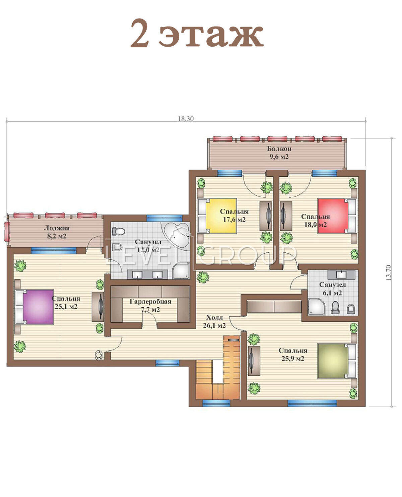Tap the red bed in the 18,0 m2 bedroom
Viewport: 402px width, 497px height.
[337, 215]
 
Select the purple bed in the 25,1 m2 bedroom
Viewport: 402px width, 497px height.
[35, 307]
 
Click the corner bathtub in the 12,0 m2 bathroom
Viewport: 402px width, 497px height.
[176, 236]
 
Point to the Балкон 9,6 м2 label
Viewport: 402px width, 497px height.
[279, 152]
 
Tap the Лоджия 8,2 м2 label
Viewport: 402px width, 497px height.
[57, 232]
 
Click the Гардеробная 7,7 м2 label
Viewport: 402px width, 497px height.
[150, 305]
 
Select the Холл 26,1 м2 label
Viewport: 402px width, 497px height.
[214, 321]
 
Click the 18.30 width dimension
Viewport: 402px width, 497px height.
[186, 119]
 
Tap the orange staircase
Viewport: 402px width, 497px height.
[218, 368]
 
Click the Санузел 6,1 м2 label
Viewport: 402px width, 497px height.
[332, 289]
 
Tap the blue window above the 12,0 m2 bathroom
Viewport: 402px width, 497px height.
[164, 218]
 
